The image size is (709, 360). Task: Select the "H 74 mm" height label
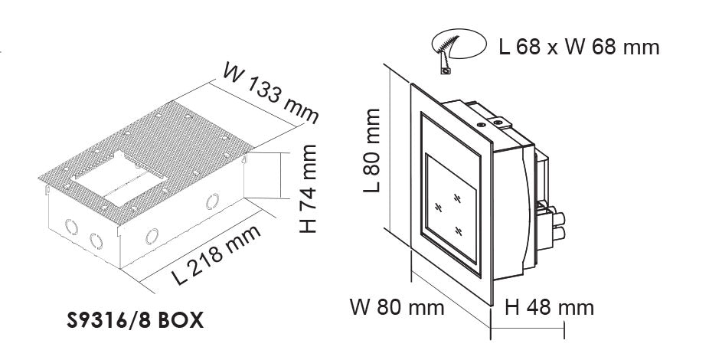(309, 188)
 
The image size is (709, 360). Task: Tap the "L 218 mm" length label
(217, 254)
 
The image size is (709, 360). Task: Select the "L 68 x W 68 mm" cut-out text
(580, 47)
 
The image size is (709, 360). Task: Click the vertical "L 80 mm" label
(371, 150)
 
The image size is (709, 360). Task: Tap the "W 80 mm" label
(397, 308)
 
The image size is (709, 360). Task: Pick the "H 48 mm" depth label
(550, 308)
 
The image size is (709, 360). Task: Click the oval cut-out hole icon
(459, 44)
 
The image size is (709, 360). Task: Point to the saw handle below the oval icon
(444, 64)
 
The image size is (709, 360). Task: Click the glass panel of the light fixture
(451, 208)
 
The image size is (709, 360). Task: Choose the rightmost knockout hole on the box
(212, 201)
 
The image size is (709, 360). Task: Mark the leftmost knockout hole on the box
(71, 227)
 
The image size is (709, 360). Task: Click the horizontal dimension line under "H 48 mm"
(528, 327)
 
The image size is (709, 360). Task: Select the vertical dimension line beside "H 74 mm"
(280, 175)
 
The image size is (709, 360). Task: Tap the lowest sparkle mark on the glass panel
(459, 231)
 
